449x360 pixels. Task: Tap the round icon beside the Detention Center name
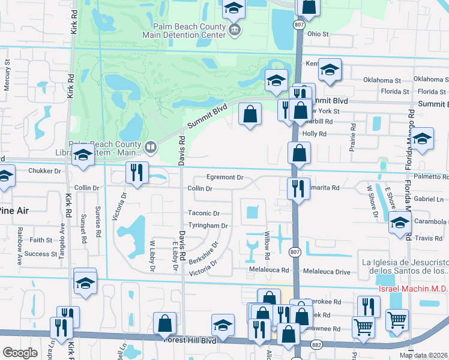point(235,30)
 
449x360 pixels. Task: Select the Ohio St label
point(318,34)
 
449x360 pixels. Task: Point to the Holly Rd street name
point(314,134)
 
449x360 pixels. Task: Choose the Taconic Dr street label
point(203,213)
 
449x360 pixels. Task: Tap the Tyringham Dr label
point(208,226)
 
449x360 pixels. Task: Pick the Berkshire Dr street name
point(202,254)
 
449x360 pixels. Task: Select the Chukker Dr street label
point(45,171)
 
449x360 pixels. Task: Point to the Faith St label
point(41,239)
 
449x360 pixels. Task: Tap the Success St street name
point(41,254)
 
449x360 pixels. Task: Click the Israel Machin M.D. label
point(412,289)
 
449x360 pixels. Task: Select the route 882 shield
point(316,344)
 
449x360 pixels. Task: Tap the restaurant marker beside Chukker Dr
point(136,173)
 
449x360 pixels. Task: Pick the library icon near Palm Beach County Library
point(151,145)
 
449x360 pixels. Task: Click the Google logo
point(20,353)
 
